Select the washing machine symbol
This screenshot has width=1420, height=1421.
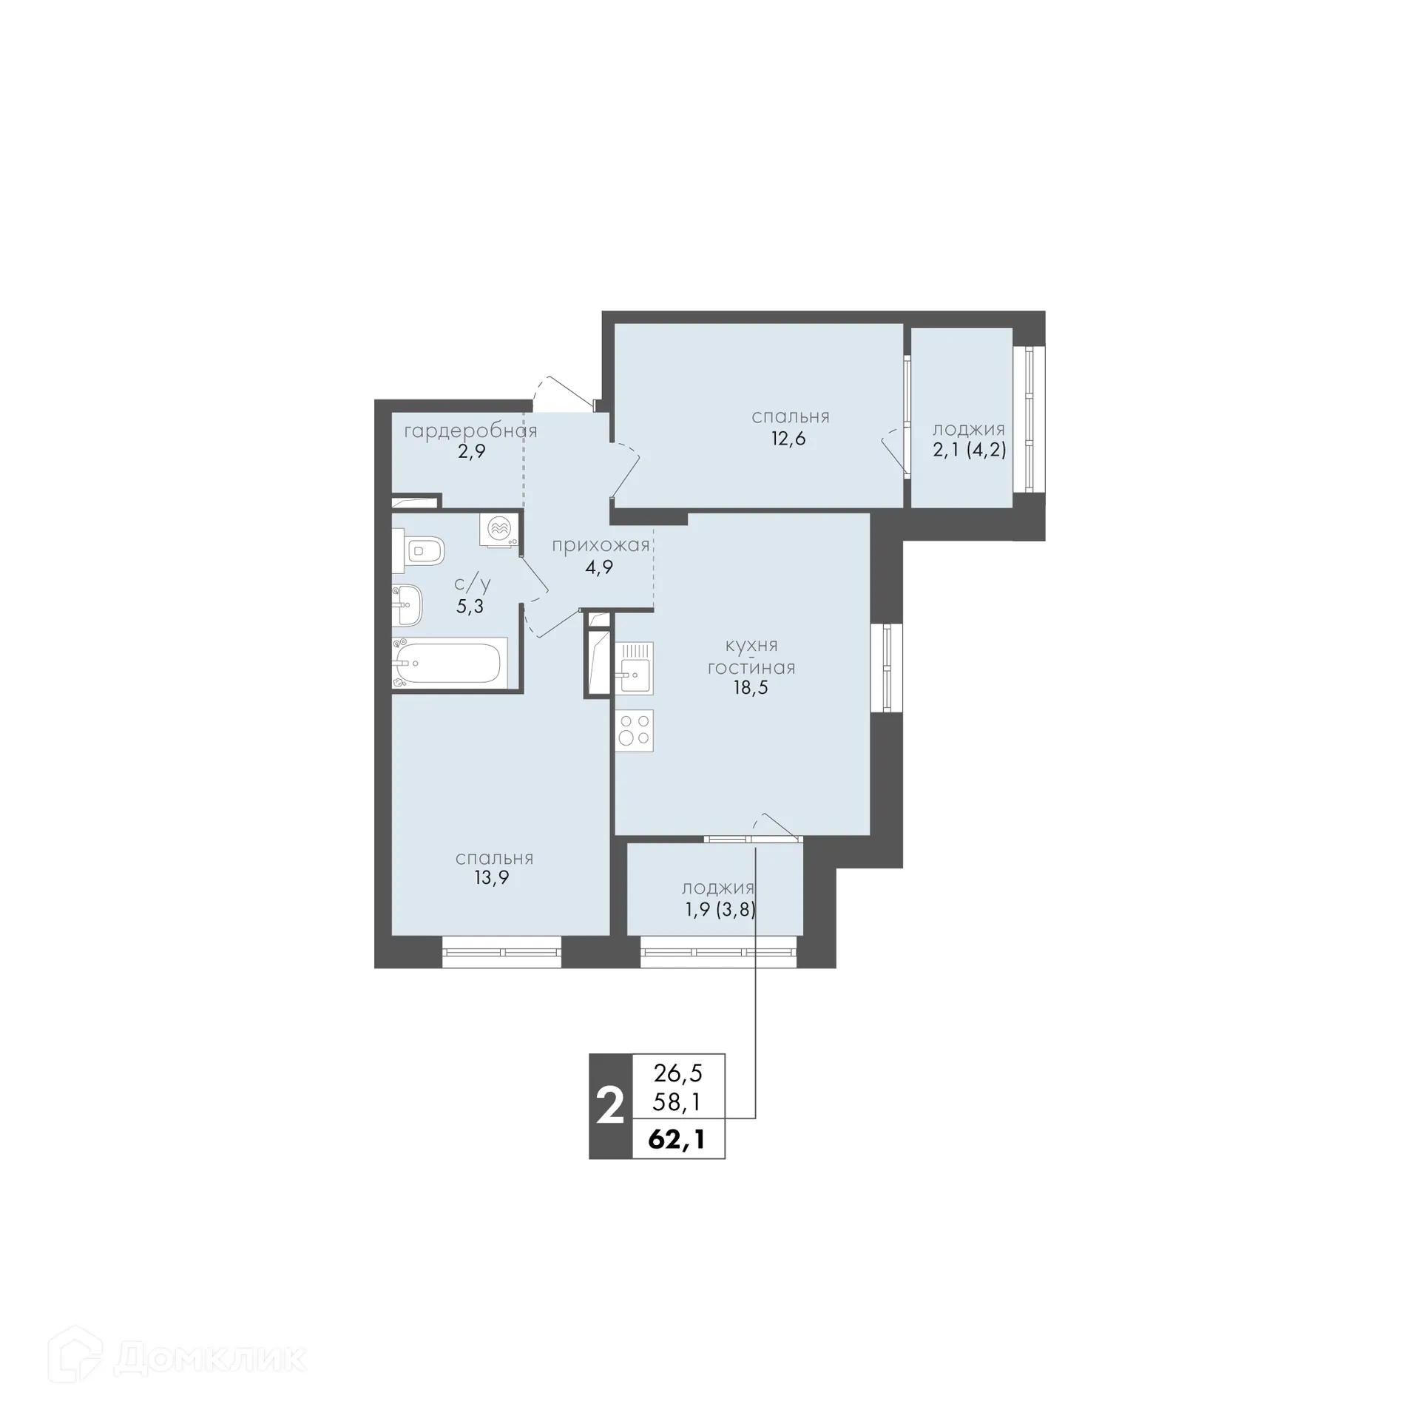499,529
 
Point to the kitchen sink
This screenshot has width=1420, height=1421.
634,669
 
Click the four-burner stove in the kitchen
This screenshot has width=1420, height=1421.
634,731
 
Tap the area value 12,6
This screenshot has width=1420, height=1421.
788,439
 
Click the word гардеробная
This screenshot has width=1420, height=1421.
470,431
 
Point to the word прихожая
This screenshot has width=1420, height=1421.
601,546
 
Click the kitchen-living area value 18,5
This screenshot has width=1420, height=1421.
750,688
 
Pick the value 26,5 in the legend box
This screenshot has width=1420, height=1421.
677,1072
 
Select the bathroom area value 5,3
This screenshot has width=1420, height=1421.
470,607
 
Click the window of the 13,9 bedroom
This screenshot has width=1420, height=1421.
501,952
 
